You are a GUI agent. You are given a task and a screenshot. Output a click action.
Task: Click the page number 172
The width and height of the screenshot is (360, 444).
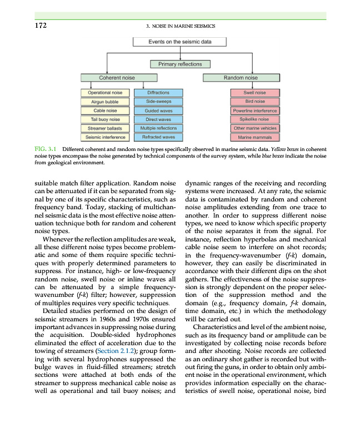coord(38,26)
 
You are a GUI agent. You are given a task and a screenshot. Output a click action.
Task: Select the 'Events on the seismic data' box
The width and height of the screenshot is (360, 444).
coord(180,42)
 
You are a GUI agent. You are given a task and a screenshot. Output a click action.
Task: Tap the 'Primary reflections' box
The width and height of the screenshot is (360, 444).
coord(180,64)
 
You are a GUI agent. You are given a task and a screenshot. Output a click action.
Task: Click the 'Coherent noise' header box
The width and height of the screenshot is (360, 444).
coord(116,78)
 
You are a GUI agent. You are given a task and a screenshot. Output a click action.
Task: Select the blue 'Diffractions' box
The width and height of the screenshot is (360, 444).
coord(158,93)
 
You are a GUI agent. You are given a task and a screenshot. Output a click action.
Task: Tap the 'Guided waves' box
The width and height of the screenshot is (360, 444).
coord(158,110)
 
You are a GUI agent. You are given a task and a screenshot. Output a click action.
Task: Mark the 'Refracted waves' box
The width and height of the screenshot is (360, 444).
coord(158,137)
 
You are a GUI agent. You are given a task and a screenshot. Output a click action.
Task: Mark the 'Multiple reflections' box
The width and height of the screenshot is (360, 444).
coord(158,128)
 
